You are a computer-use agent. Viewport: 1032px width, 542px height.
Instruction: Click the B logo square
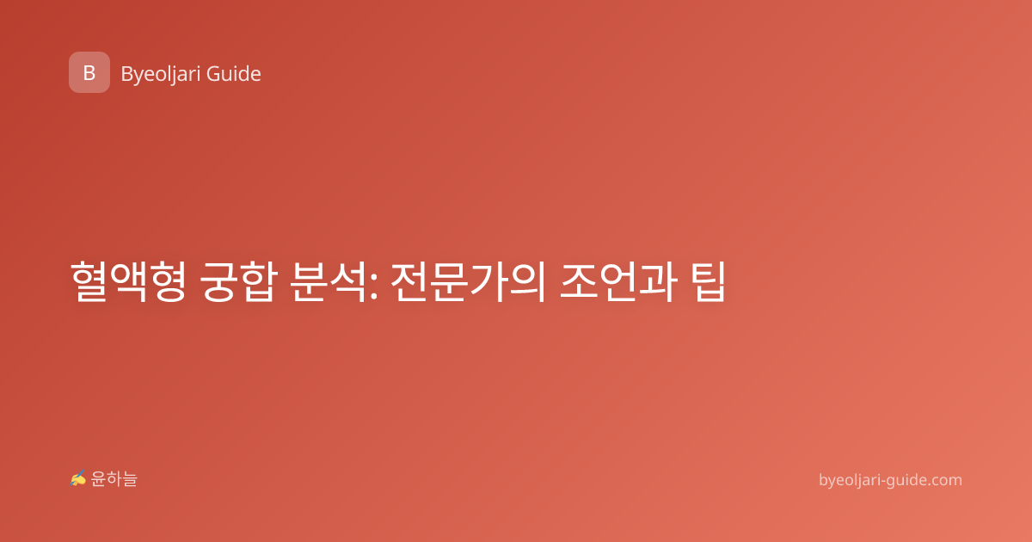(x=89, y=72)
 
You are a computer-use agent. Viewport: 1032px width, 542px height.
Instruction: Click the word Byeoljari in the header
(x=161, y=74)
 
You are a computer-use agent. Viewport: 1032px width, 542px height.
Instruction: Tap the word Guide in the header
(x=234, y=74)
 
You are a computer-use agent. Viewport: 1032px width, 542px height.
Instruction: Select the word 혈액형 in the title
(x=128, y=281)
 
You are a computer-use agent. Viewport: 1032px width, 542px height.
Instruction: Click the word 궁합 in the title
(x=239, y=281)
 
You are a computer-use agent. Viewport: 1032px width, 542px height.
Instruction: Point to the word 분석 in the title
(x=329, y=281)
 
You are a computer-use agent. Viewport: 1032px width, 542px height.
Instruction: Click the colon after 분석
(x=373, y=286)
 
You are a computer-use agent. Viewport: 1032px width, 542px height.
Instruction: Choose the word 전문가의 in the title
(x=469, y=281)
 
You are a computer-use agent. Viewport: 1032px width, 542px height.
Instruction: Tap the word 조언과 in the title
(x=618, y=281)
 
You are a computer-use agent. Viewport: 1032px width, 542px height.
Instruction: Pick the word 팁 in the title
(x=709, y=281)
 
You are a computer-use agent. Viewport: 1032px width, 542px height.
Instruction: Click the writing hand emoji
(x=78, y=478)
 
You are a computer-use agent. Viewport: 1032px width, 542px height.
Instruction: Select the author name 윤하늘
(x=114, y=479)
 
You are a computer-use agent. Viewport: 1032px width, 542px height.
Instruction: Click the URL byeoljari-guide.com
(x=890, y=480)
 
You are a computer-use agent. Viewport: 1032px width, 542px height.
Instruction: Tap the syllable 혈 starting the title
(x=89, y=281)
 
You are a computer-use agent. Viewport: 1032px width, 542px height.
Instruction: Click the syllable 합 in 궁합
(x=259, y=281)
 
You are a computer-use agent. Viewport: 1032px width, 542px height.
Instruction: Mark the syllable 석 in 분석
(x=348, y=281)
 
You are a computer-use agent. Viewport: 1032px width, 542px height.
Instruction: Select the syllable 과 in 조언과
(x=659, y=281)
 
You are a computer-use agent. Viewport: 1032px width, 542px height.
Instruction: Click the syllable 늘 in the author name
(x=130, y=479)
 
